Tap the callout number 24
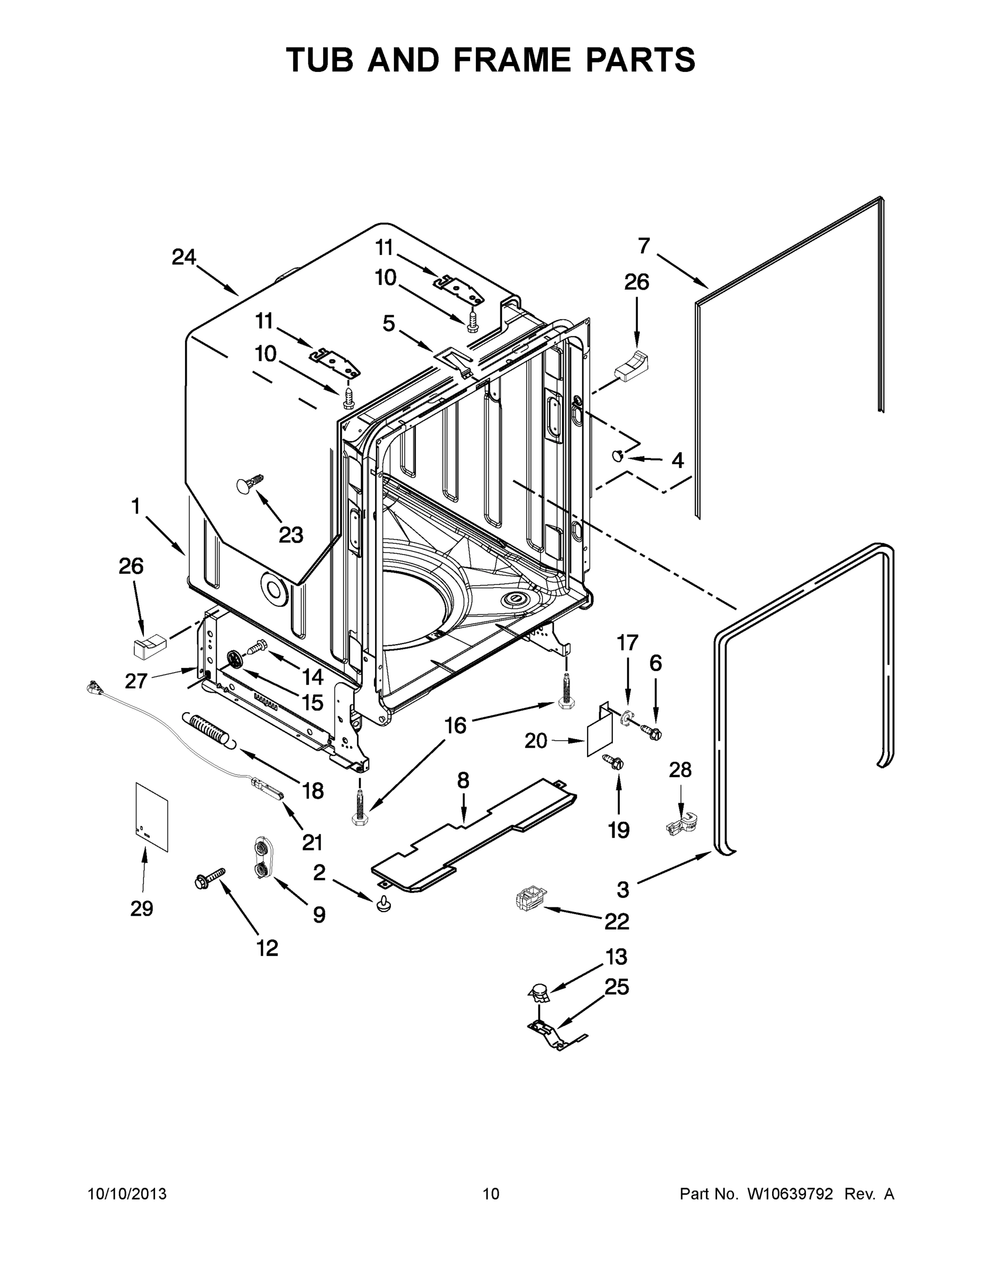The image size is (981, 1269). coord(184,257)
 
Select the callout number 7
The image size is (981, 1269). coord(644,246)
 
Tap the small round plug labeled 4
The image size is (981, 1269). coord(618,456)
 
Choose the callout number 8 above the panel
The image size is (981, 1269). coord(463,781)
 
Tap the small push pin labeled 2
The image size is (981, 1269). coord(382,904)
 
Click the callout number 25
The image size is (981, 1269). coord(617,987)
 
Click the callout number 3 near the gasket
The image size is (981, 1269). coord(622,888)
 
